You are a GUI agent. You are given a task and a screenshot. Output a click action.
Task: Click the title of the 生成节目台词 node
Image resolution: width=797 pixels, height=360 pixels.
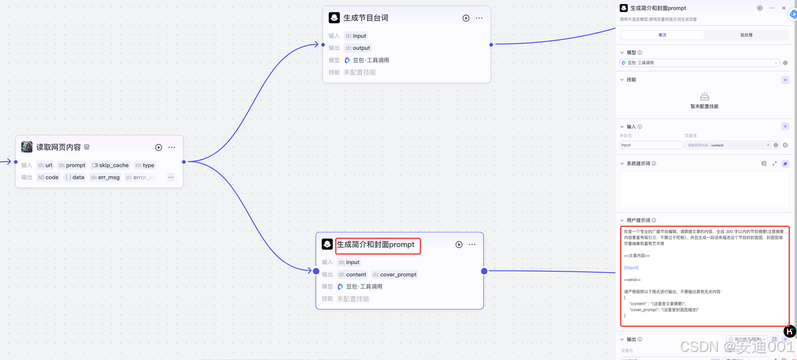[x=365, y=18]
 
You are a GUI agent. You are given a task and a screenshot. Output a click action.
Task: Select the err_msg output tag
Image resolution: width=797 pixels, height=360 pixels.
[x=105, y=178]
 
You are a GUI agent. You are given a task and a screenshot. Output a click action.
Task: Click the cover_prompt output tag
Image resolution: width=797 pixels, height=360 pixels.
[x=394, y=275]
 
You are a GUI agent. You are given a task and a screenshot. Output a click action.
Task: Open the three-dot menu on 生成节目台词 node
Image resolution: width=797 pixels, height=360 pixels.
[x=479, y=18]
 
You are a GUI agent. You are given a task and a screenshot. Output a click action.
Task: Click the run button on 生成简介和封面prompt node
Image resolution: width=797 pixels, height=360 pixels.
[x=459, y=245]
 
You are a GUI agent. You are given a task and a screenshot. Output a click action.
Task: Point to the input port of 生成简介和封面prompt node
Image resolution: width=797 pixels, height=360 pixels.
[x=316, y=271]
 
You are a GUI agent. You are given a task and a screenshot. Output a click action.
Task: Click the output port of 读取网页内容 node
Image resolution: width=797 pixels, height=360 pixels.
[x=184, y=162]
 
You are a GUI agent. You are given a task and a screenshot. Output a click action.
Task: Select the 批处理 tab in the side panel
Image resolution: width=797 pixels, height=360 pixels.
[x=746, y=35]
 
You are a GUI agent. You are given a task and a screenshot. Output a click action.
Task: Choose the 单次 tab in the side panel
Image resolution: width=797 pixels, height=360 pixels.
[x=662, y=35]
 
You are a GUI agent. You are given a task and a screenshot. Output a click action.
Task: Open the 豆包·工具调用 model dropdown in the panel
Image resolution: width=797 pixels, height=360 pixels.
[x=700, y=63]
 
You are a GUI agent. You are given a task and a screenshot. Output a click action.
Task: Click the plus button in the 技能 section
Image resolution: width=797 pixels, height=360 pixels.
[x=785, y=80]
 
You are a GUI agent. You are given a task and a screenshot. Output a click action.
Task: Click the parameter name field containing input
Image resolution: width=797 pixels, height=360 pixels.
[x=651, y=145]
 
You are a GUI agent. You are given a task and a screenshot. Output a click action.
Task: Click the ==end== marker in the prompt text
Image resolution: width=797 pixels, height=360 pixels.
[x=632, y=280]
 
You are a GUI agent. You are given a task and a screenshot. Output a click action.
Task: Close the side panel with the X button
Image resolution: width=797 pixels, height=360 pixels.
[x=784, y=8]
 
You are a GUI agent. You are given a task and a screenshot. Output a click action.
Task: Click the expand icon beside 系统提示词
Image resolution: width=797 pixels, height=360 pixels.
[x=775, y=164]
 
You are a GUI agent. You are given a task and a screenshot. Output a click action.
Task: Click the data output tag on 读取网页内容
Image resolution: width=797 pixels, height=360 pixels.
[x=75, y=178]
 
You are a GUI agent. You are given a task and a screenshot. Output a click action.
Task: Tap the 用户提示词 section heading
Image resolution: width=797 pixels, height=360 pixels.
[x=638, y=220]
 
